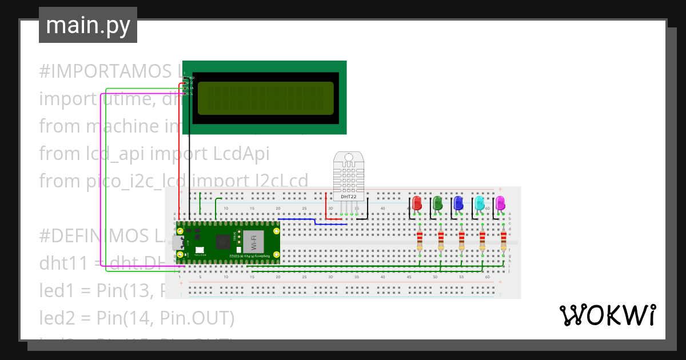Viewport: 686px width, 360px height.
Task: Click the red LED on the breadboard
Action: coord(417,203)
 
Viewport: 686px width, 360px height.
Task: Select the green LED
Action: coord(437,203)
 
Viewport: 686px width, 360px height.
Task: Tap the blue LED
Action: coord(458,203)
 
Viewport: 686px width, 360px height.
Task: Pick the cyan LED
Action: coord(479,203)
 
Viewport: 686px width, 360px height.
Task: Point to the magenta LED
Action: coord(500,203)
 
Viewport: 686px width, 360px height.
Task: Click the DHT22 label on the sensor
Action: coord(348,197)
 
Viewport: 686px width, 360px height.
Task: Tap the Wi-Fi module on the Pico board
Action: coord(250,242)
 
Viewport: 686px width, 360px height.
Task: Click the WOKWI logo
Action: coord(607,315)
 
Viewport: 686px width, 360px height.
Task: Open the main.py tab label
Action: coord(87,25)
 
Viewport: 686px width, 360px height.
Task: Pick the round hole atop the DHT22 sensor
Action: coord(348,157)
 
